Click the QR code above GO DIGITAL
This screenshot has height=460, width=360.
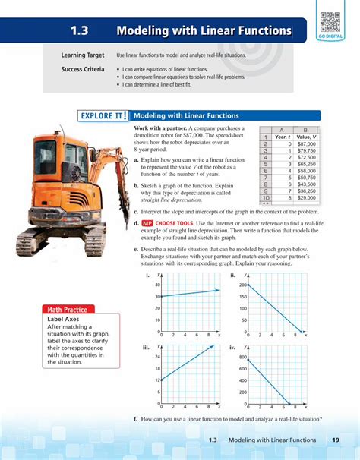(x=329, y=22)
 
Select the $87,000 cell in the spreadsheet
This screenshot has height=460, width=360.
(x=306, y=143)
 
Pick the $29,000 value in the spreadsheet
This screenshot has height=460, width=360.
(x=306, y=197)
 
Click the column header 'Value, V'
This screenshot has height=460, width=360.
(x=305, y=136)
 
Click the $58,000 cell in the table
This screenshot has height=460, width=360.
(x=306, y=170)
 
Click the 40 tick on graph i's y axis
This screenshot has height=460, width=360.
(x=157, y=284)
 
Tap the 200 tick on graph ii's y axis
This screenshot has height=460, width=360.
(x=244, y=284)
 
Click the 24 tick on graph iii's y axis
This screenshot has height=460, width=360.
(x=157, y=356)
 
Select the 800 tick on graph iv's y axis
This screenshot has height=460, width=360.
(x=244, y=356)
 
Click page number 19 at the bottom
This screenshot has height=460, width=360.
(x=335, y=441)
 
